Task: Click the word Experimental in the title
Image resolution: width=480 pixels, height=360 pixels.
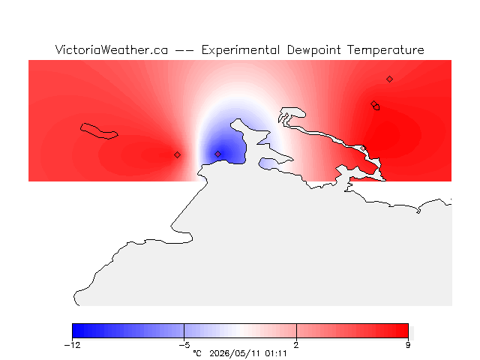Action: [x=241, y=50]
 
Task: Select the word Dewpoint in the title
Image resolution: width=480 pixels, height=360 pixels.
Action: [x=313, y=50]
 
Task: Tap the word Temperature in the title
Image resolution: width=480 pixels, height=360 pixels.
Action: [x=385, y=50]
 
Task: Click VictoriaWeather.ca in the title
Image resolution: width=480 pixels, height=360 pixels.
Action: [x=112, y=49]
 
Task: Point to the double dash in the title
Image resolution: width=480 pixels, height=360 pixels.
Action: [x=184, y=50]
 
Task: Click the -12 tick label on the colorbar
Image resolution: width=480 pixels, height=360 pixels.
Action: [x=72, y=345]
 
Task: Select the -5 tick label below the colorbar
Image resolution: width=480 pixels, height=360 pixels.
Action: [x=184, y=345]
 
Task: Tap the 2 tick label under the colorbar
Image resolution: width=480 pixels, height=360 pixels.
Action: [x=296, y=345]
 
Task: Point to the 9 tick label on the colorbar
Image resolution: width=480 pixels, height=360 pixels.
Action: [x=408, y=345]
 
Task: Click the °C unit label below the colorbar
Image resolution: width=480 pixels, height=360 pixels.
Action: [x=197, y=354]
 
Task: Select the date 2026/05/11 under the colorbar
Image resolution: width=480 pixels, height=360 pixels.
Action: [x=235, y=354]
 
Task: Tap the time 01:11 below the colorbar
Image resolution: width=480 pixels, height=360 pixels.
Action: [x=276, y=354]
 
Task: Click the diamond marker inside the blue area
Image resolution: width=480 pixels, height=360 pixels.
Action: [x=217, y=154]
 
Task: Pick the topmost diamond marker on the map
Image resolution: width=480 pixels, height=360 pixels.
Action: [x=389, y=79]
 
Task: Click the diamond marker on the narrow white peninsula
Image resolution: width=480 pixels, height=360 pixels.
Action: [x=363, y=148]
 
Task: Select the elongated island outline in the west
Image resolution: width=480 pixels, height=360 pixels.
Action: [x=98, y=131]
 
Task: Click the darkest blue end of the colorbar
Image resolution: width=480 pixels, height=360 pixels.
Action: [x=74, y=331]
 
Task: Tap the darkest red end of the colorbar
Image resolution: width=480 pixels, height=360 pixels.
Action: [x=406, y=331]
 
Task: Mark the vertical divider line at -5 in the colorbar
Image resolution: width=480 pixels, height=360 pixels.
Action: [x=184, y=331]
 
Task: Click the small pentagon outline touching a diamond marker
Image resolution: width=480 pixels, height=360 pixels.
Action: [x=376, y=107]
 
